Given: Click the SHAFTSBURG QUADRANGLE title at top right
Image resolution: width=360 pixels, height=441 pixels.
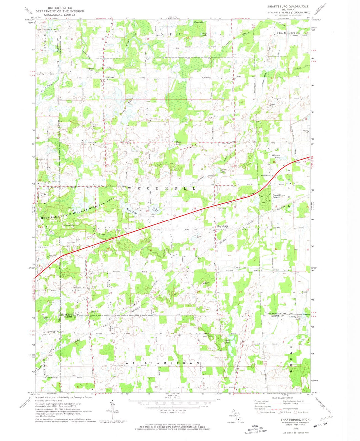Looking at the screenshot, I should coord(288,6).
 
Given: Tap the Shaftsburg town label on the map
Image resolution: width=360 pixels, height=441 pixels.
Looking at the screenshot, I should coord(222,226).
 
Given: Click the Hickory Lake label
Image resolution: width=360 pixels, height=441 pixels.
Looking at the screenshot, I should coord(277,157).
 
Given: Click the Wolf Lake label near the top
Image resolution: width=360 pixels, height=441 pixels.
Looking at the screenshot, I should coord(198,22).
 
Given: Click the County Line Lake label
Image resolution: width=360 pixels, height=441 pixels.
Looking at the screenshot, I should coord(295,318).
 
